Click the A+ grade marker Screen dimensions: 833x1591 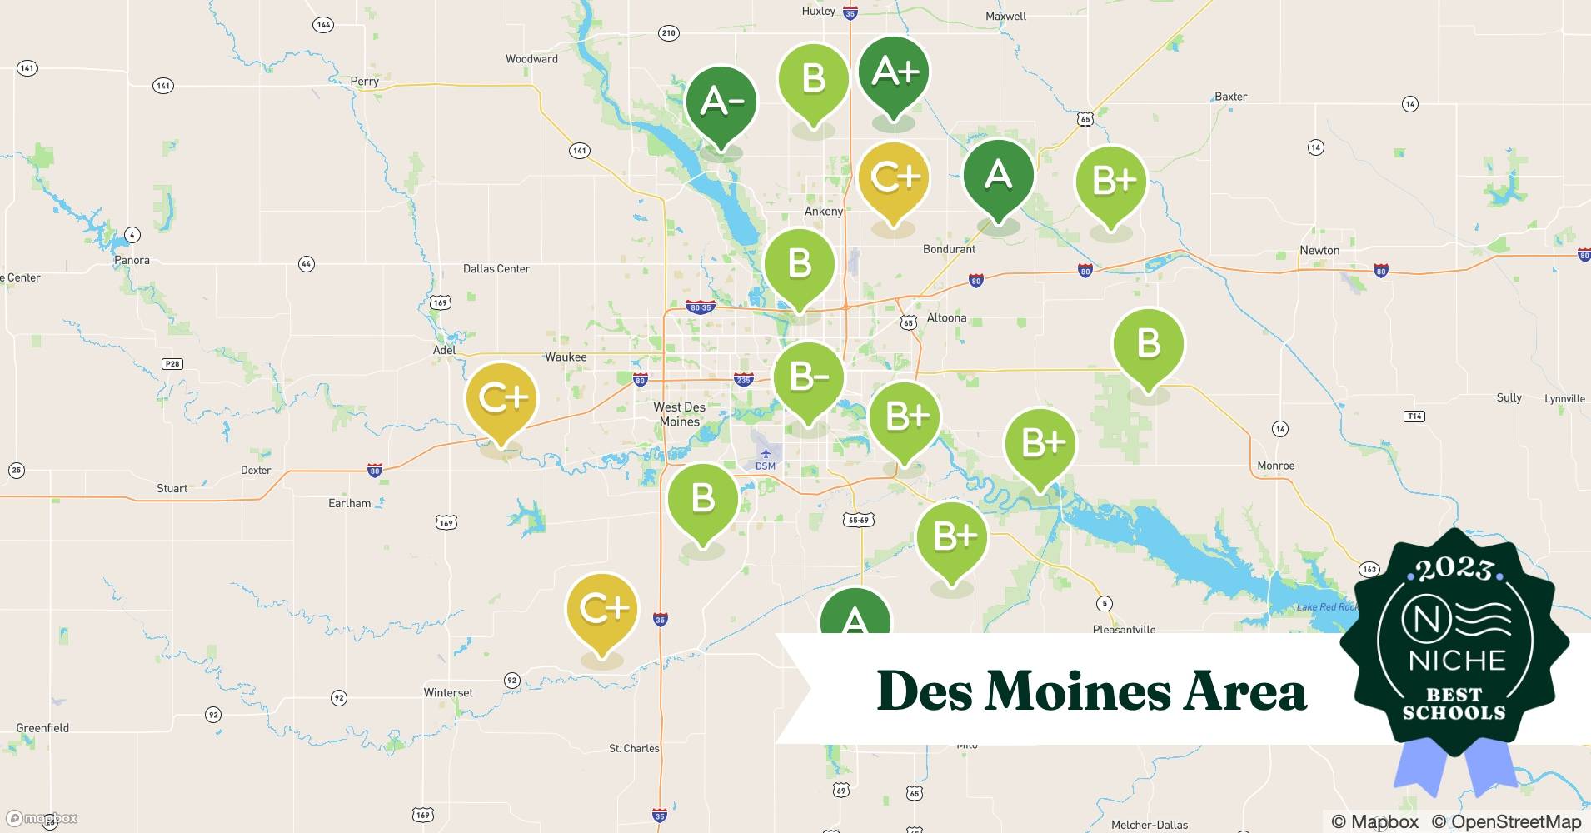coord(894,73)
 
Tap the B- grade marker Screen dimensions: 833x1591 coord(808,377)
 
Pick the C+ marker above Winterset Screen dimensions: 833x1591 coord(601,610)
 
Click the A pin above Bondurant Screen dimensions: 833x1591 coord(998,176)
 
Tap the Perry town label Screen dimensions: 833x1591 coord(365,82)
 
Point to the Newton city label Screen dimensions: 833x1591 coord(1319,250)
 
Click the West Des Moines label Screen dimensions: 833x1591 coord(679,414)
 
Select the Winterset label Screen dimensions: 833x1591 coord(448,692)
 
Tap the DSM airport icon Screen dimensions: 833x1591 coord(766,454)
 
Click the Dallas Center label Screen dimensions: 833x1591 coord(496,268)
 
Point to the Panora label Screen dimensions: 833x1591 coord(132,260)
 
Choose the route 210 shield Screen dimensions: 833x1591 coord(668,33)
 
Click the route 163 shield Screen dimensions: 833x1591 coord(1369,570)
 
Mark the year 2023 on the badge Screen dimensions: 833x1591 coord(1454,569)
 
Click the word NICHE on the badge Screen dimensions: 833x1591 coord(1457,661)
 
